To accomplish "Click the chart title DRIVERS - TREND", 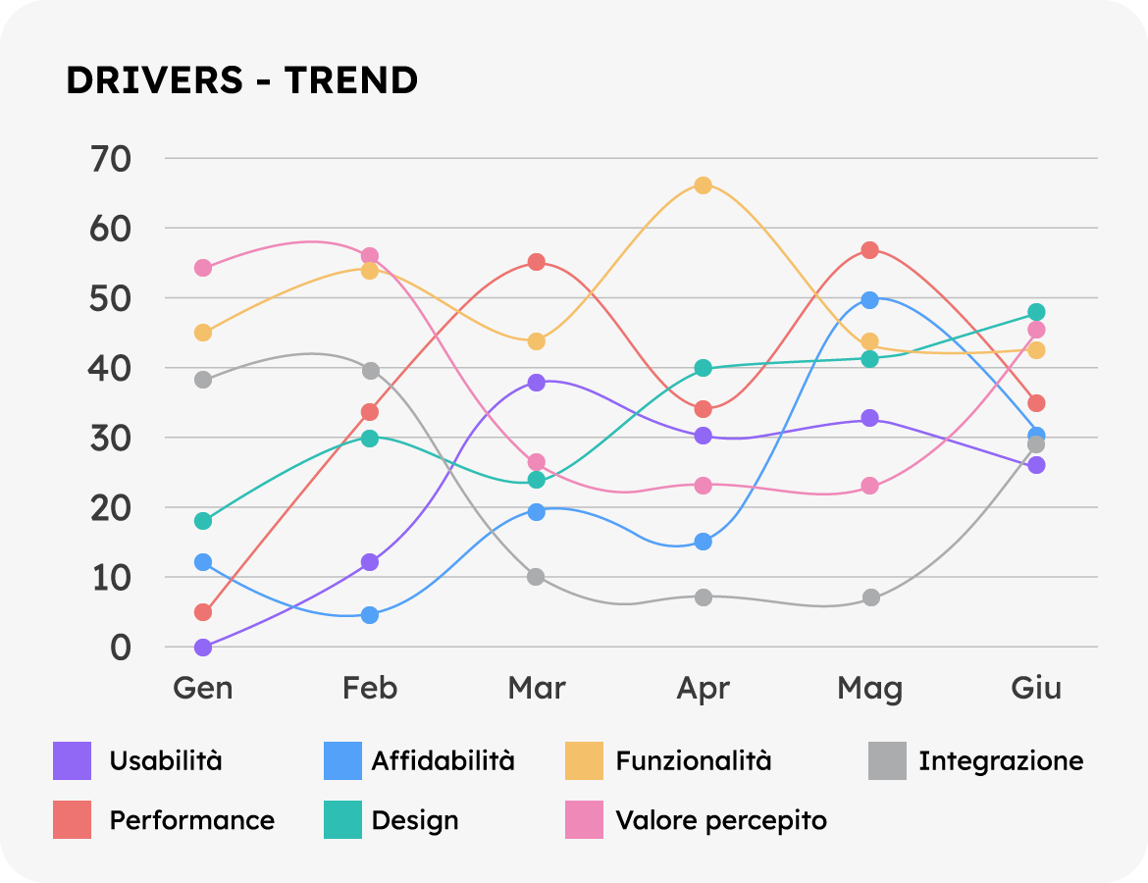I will pos(241,80).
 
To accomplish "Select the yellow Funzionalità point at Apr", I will pos(703,184).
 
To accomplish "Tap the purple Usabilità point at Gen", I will pos(203,648).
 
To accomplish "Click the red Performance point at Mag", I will pos(869,250).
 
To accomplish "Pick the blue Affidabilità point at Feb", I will pos(370,615).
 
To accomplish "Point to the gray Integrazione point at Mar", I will pos(536,577).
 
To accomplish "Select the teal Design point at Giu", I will pos(1036,312).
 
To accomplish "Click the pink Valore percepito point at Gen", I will pos(203,268).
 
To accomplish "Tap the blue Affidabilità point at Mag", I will pos(869,299).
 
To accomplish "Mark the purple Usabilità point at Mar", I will pos(536,382).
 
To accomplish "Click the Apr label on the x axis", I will pos(703,688).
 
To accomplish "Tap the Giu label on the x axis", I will pos(1036,688).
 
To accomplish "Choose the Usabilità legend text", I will pos(166,760).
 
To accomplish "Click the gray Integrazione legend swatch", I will pos(887,761).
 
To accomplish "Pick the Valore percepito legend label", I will pos(721,820).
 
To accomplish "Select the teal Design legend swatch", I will pos(342,820).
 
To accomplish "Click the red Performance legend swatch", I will pos(72,820).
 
